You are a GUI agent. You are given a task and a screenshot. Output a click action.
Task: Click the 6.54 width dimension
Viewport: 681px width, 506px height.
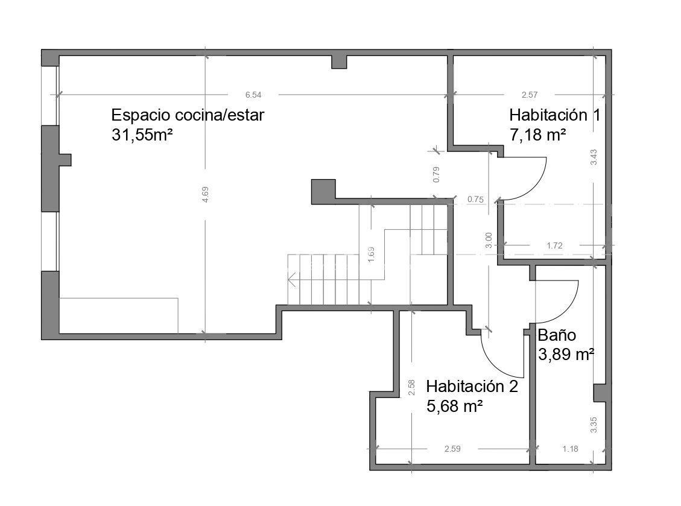tap(253, 95)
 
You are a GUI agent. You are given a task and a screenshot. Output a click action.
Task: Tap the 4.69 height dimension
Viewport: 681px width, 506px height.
tap(206, 194)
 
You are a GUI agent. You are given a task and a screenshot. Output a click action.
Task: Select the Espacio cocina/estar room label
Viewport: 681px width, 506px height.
tap(188, 115)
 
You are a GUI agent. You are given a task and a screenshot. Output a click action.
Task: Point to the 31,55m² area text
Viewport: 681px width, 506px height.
tap(142, 134)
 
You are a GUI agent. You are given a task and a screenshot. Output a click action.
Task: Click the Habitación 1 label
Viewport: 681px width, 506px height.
tap(554, 115)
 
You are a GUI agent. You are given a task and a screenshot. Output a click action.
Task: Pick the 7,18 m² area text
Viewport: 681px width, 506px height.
tap(537, 134)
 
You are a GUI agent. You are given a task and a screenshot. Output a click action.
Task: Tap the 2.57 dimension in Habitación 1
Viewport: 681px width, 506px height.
tap(530, 95)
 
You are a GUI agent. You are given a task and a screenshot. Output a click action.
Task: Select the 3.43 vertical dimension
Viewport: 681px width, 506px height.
tap(594, 157)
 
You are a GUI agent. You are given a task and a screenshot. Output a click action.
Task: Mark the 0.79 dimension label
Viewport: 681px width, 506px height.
tap(437, 174)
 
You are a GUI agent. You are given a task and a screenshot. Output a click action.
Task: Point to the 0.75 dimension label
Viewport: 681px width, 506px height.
tap(475, 200)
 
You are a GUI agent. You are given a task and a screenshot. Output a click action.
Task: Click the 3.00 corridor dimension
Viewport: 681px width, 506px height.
tap(489, 240)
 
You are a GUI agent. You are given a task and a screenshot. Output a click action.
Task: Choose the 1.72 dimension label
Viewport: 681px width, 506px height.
tap(554, 245)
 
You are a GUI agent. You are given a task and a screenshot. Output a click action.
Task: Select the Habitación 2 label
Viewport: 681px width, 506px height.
tap(472, 386)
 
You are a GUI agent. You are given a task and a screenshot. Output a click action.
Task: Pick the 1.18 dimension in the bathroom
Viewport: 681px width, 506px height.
tap(570, 449)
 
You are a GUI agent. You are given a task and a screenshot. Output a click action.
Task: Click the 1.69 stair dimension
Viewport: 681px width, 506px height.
tap(371, 254)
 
